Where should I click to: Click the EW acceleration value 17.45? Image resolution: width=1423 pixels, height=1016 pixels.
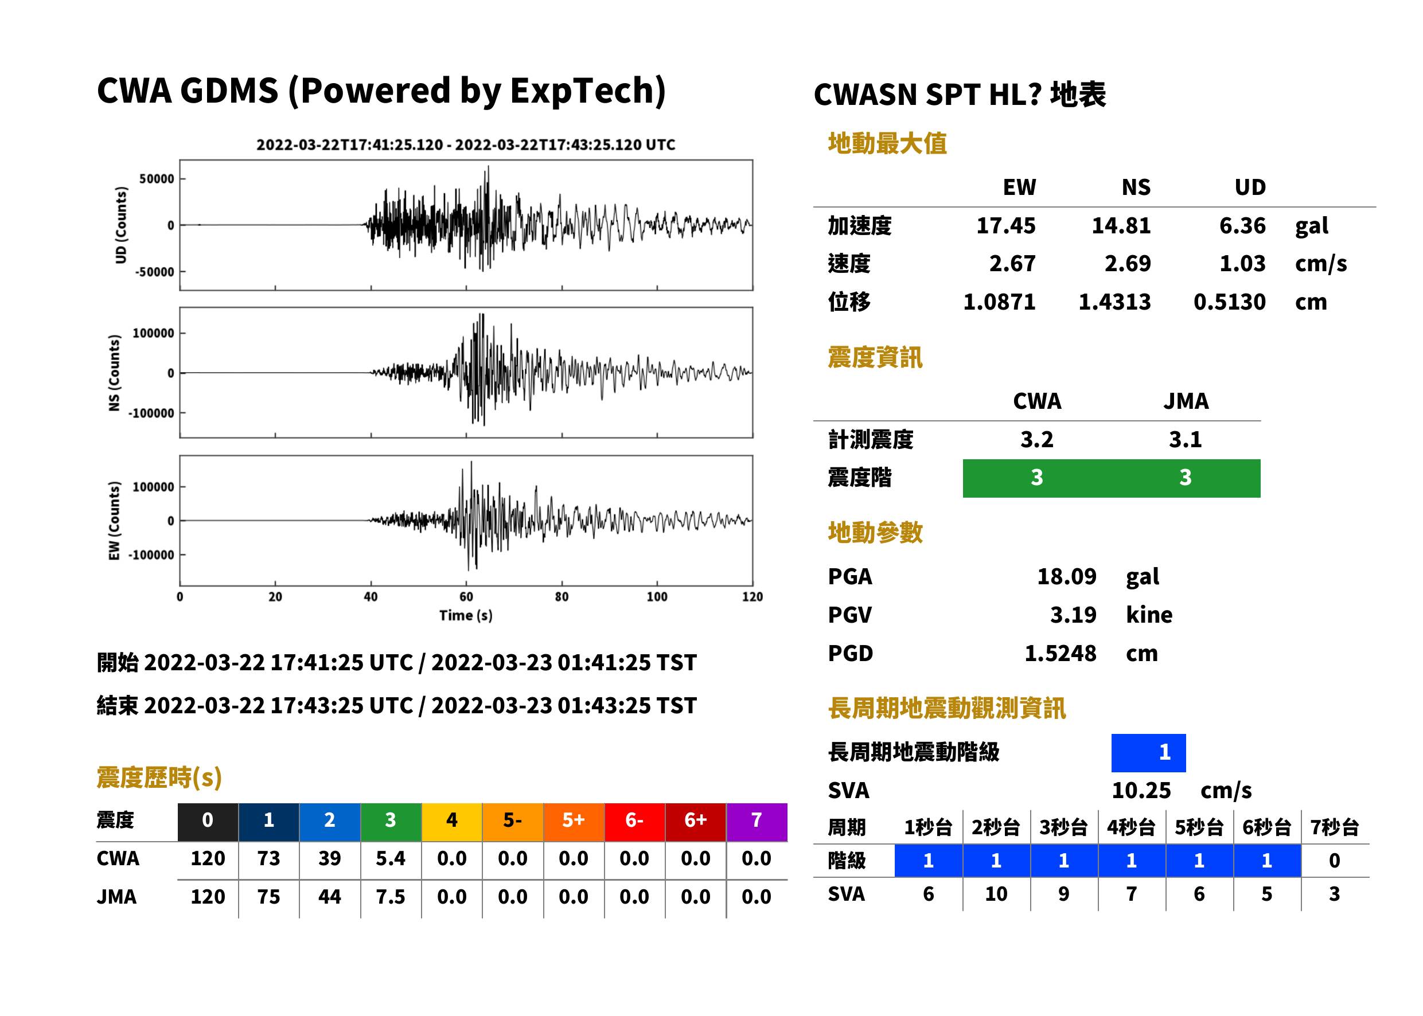click(x=1005, y=226)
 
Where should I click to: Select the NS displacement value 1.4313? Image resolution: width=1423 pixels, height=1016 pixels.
click(x=1114, y=302)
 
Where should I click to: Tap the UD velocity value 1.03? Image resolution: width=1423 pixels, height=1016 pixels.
click(x=1242, y=264)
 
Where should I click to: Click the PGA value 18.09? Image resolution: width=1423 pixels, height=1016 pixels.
click(x=1066, y=576)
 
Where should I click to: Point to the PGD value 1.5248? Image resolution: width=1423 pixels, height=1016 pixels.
click(x=1060, y=654)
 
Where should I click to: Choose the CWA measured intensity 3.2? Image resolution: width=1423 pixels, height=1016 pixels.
click(x=1037, y=440)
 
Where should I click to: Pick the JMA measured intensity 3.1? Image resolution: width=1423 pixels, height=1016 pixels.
click(x=1185, y=440)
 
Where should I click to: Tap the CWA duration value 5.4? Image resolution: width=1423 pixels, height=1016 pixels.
click(x=391, y=859)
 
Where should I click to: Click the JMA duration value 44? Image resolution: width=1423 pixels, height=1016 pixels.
click(x=330, y=897)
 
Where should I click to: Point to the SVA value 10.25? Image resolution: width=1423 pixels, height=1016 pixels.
click(x=1141, y=791)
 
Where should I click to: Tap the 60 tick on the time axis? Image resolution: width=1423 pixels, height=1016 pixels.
click(x=466, y=597)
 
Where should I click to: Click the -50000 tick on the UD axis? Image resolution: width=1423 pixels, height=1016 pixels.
click(x=154, y=272)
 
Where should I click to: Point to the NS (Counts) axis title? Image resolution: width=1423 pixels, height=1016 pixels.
click(x=114, y=373)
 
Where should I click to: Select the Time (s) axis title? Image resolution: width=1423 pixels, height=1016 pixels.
click(x=466, y=616)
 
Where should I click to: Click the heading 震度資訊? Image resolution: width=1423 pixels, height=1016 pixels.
click(x=875, y=358)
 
